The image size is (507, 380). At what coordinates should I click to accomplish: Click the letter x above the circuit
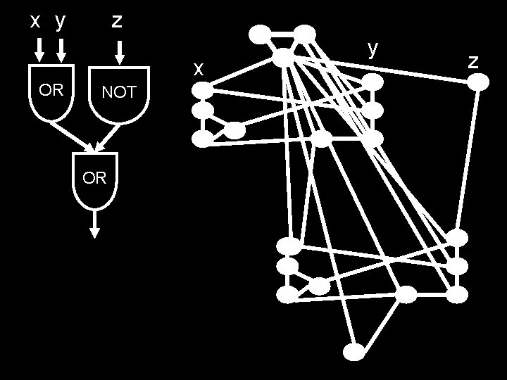tap(35, 21)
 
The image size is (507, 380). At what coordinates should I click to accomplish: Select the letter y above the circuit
tap(61, 21)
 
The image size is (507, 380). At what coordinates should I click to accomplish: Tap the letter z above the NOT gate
tap(118, 21)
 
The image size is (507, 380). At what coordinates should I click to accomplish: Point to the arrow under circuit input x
tap(39, 49)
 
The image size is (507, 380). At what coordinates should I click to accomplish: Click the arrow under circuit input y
tap(61, 49)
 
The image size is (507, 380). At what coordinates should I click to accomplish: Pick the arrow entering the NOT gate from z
tap(119, 51)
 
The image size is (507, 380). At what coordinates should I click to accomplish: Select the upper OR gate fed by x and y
tap(51, 91)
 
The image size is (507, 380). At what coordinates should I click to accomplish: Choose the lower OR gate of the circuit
tap(95, 179)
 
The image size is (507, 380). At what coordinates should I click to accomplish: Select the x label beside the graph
tap(199, 68)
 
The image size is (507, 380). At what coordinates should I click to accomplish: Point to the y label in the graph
tap(373, 47)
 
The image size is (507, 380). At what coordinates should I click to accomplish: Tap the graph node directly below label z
tap(478, 82)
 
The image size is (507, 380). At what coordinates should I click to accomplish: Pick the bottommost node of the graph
tap(355, 350)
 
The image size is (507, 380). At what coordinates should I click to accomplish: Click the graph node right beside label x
tap(202, 90)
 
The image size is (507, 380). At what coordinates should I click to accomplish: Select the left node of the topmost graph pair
tap(260, 32)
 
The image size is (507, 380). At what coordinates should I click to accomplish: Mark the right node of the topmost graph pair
tap(304, 32)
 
